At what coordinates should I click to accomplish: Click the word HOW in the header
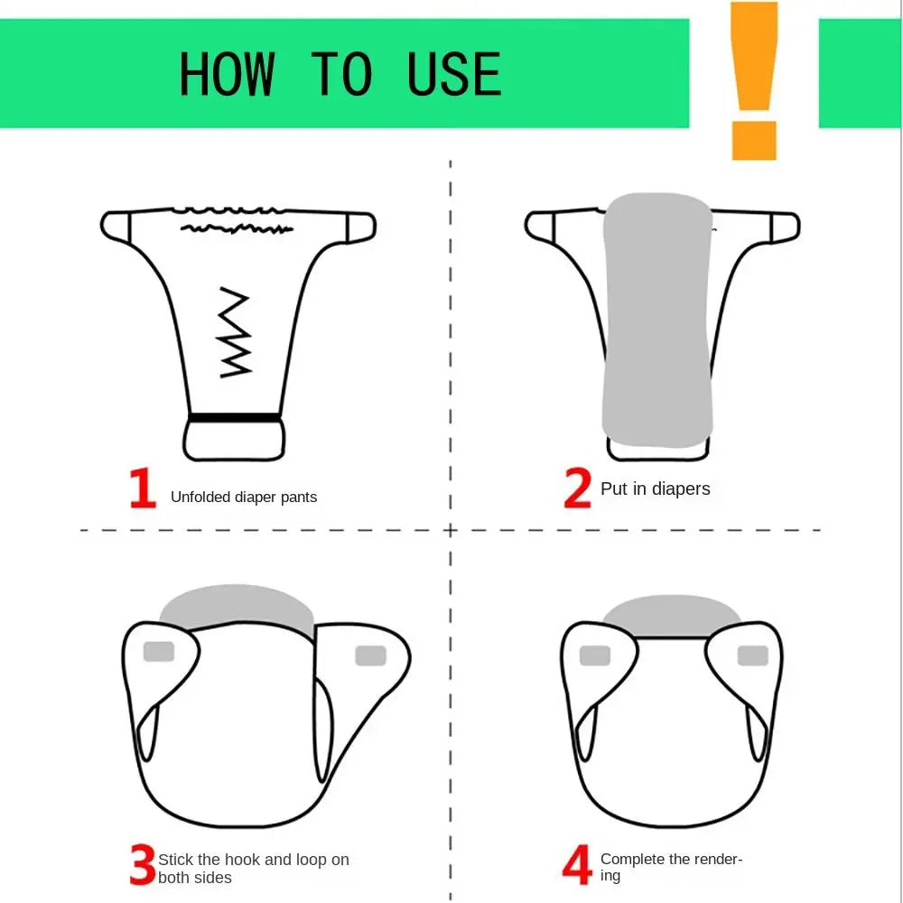click(x=226, y=74)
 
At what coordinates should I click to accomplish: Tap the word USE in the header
click(x=454, y=74)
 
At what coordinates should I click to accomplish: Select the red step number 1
click(x=143, y=489)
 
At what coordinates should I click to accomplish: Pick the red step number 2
click(x=577, y=489)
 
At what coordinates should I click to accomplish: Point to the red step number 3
click(x=142, y=866)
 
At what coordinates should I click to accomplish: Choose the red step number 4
click(x=577, y=866)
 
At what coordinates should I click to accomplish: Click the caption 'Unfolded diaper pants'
click(x=244, y=497)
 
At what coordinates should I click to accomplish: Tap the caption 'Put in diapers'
click(x=655, y=489)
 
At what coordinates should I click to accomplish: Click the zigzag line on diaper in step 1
click(x=236, y=332)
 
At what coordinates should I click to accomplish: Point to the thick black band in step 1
click(x=234, y=418)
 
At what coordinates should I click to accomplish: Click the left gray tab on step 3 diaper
click(x=159, y=650)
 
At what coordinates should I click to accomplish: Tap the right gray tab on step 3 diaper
click(x=370, y=656)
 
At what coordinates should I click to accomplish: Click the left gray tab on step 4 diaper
click(x=594, y=656)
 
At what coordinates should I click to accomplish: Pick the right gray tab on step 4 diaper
click(x=752, y=656)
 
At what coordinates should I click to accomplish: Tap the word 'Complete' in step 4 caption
click(x=632, y=859)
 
